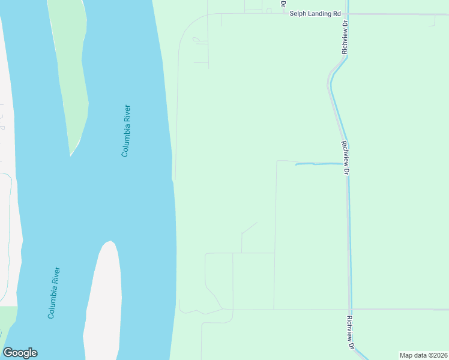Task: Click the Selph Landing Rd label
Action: pyautogui.click(x=315, y=13)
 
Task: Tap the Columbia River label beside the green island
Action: pyautogui.click(x=126, y=131)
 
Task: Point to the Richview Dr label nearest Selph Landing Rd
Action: pyautogui.click(x=345, y=38)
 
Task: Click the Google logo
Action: pyautogui.click(x=20, y=353)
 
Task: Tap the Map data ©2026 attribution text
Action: pyautogui.click(x=423, y=355)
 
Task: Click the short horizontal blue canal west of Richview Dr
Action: pyautogui.click(x=318, y=164)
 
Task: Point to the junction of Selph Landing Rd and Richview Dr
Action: pyautogui.click(x=347, y=14)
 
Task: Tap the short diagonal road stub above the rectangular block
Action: pyautogui.click(x=249, y=228)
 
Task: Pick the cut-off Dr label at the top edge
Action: pyautogui.click(x=283, y=4)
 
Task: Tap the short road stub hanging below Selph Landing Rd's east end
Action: pyautogui.click(x=433, y=20)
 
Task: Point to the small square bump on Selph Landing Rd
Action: pyautogui.click(x=268, y=10)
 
